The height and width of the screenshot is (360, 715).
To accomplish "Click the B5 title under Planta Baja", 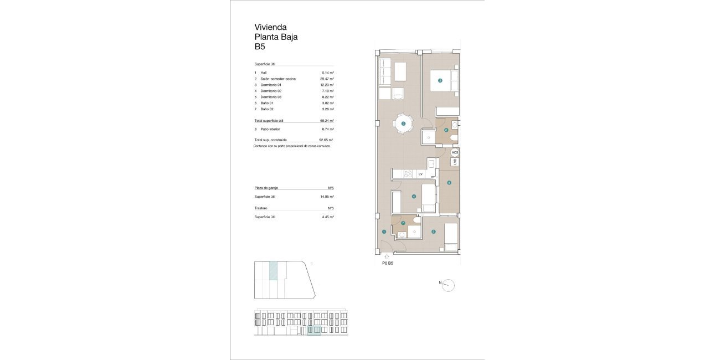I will click(260, 47).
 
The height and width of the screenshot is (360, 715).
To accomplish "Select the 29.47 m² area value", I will click(328, 79).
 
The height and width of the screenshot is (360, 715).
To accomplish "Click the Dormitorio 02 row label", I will click(271, 91).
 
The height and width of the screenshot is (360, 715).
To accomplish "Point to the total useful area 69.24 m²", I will click(327, 120).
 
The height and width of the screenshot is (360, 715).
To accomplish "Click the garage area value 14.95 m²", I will click(327, 197).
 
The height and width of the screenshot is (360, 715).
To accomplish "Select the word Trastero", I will click(261, 208).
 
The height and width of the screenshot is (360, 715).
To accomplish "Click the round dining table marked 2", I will click(404, 124).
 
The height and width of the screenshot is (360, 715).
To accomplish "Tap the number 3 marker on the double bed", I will click(440, 81).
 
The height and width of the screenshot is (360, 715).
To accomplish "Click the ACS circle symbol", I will click(455, 152).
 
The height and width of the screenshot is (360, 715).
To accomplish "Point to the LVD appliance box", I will click(455, 162).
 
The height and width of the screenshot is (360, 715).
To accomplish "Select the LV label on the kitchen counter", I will click(420, 174).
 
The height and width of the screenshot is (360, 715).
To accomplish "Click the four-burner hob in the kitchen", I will click(409, 174).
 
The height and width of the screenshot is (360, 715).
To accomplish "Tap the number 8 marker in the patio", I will click(449, 183).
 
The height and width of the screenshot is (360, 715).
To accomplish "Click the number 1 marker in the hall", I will click(384, 232).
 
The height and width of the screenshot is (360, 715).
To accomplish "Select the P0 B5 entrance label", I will click(388, 264).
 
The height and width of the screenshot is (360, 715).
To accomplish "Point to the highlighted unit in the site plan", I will click(273, 270).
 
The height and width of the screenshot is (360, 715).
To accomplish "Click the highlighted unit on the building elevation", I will click(314, 331).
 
